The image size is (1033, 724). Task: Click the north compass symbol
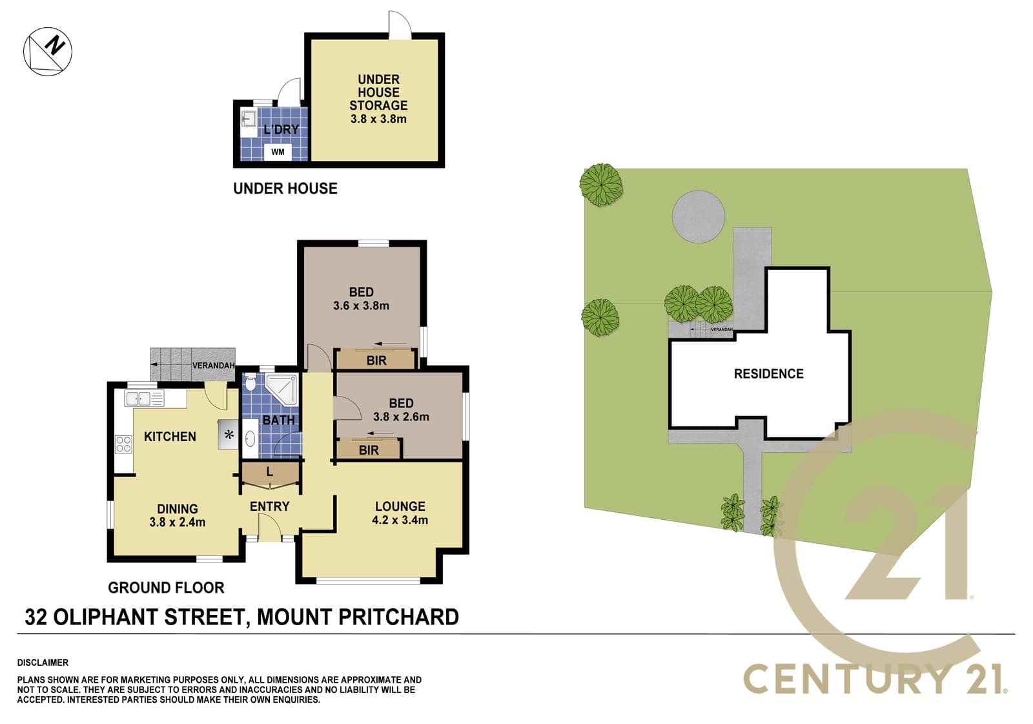point(48,51)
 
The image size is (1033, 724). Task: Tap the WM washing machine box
point(278,152)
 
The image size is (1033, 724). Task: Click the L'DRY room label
point(281,129)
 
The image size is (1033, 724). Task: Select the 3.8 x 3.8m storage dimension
point(378,119)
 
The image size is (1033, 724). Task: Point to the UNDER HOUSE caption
point(285,189)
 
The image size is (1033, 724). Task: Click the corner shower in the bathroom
point(281,389)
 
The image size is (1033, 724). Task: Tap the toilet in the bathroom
point(251,382)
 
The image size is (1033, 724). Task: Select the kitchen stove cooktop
point(123,444)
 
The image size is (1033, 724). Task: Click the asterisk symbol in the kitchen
point(229,434)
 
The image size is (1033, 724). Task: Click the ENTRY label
point(269,506)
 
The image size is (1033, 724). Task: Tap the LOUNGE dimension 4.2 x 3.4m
point(400,520)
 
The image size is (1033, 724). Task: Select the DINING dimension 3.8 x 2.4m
point(177,522)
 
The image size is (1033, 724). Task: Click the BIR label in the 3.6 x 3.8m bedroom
point(376,360)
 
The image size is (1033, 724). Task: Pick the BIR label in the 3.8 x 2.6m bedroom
point(369,450)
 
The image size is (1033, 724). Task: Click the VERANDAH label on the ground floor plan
point(213,366)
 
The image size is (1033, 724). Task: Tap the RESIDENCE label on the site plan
point(768,374)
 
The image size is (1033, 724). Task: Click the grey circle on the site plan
point(698,216)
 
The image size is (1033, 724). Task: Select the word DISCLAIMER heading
point(43,663)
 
